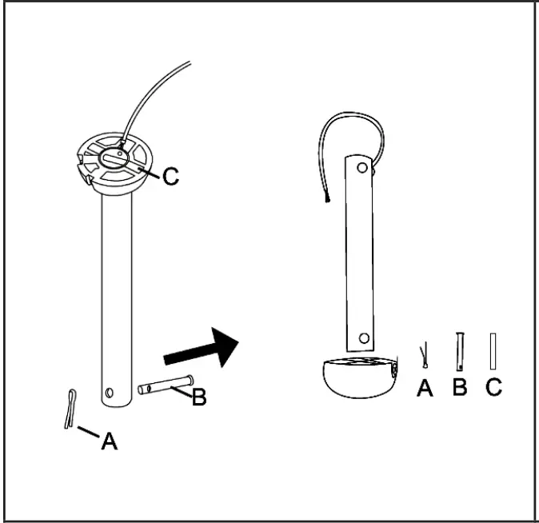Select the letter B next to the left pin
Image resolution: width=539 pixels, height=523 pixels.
point(198,397)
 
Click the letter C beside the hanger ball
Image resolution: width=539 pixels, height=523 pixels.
point(170,177)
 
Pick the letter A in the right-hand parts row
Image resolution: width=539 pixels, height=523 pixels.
point(425,388)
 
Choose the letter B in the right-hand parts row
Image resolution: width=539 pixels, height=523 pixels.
point(460,388)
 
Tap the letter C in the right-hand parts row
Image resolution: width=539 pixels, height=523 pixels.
point(493,388)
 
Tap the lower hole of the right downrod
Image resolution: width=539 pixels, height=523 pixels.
point(364,338)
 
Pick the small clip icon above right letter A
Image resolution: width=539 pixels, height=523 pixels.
point(425,353)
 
